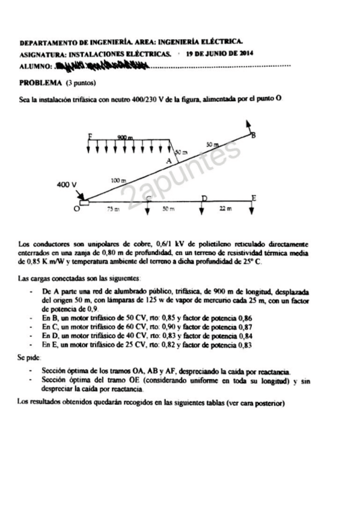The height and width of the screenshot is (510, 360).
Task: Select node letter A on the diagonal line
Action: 169,161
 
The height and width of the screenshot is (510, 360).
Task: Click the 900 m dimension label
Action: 125,138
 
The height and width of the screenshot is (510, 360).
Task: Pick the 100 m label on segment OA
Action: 119,180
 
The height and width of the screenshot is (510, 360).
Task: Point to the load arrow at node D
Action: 203,207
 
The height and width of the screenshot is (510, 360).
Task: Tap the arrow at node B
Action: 248,126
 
